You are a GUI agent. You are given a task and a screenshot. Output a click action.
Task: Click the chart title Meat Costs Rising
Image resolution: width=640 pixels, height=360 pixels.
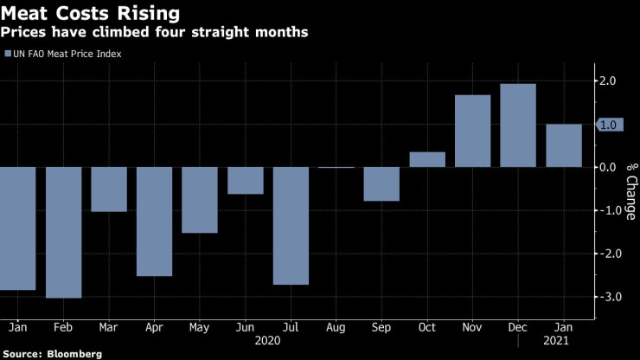click(x=91, y=14)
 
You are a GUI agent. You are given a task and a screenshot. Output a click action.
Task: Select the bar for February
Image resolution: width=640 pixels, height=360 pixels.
click(x=63, y=232)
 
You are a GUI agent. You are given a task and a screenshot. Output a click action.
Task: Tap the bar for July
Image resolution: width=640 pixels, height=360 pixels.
click(x=291, y=225)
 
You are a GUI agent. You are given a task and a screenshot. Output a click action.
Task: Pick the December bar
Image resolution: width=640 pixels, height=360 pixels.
click(x=518, y=125)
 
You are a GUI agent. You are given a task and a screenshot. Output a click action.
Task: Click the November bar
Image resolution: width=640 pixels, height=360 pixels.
click(x=472, y=131)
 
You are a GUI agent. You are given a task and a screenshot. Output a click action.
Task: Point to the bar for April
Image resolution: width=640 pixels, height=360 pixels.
click(x=154, y=221)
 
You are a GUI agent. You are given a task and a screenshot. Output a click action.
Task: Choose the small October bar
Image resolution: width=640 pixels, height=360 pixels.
click(x=427, y=159)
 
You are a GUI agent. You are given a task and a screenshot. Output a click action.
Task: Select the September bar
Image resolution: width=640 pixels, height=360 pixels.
click(x=381, y=183)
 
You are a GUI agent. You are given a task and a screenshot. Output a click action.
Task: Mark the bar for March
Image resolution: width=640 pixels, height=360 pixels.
click(x=109, y=189)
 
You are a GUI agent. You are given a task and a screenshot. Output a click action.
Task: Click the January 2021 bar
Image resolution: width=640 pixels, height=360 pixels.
click(x=563, y=145)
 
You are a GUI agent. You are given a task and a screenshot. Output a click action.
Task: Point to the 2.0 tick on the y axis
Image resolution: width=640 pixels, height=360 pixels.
click(x=607, y=81)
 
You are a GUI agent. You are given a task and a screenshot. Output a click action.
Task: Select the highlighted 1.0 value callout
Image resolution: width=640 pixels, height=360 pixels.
click(x=609, y=125)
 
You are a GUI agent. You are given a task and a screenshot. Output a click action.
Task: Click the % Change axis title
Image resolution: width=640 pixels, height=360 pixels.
click(x=630, y=190)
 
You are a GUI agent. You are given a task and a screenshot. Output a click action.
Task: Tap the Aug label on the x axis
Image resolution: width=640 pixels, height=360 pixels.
click(x=336, y=328)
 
